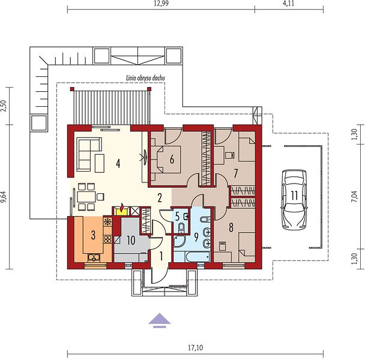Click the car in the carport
click(294, 200)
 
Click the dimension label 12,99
click(161, 4)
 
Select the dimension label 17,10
click(196, 347)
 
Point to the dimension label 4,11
click(289, 4)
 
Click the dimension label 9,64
click(5, 198)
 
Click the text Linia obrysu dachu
click(145, 78)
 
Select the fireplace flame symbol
click(122, 206)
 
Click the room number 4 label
click(118, 164)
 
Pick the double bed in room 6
click(166, 160)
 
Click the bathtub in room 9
click(198, 257)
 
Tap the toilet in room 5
click(181, 227)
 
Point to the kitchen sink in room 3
click(94, 257)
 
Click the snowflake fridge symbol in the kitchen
click(107, 221)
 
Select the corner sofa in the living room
click(89, 154)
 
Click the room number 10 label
click(131, 241)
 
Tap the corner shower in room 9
click(179, 241)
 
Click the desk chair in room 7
click(229, 155)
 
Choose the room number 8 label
click(231, 227)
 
